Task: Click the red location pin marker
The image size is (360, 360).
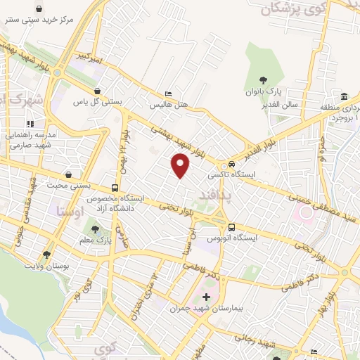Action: click(181, 165)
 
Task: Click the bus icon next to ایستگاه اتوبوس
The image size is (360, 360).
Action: click(231, 227)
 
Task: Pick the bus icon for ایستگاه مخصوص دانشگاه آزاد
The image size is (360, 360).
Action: click(114, 188)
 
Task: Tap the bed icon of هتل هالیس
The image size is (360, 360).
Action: click(167, 94)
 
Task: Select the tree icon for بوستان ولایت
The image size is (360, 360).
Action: click(46, 254)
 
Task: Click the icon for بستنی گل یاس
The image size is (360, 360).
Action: click(96, 91)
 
